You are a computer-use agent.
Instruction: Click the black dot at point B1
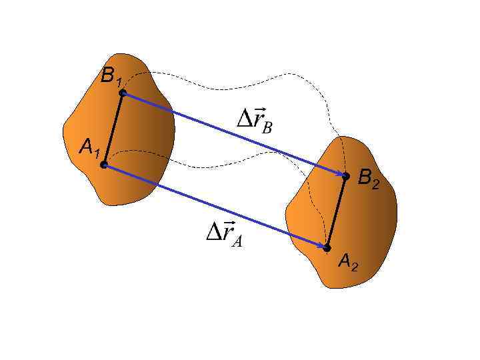click(123, 93)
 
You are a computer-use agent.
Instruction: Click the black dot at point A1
click(103, 164)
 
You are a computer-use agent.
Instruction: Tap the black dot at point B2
click(345, 176)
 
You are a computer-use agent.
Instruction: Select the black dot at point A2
click(327, 248)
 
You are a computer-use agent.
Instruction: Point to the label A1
click(89, 147)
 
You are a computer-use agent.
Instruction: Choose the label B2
click(369, 179)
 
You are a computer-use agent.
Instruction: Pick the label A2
click(348, 263)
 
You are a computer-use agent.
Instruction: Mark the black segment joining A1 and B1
click(113, 129)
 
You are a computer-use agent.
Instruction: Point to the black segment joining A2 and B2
click(336, 212)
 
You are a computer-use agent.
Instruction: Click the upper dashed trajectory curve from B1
click(233, 85)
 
